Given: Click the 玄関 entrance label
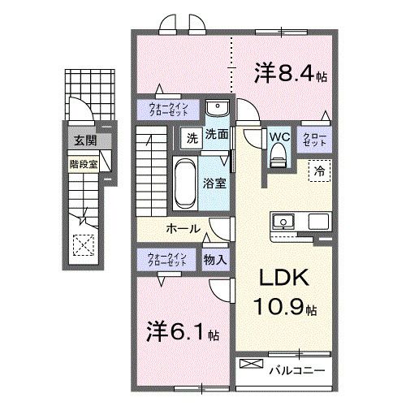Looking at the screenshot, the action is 85,140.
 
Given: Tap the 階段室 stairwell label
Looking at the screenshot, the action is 84,164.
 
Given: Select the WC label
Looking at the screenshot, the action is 279,137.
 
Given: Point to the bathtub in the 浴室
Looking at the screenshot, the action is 185,184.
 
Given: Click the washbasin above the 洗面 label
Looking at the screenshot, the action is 218,107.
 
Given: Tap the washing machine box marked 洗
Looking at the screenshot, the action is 192,138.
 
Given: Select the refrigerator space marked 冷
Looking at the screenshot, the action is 320,171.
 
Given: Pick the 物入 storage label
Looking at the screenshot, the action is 215,260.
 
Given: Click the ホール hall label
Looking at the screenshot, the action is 184,229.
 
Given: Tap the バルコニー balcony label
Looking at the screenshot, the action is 297,370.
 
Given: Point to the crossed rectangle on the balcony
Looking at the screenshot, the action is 252,364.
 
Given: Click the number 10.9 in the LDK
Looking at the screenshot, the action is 278,306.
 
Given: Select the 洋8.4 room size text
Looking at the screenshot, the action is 291,73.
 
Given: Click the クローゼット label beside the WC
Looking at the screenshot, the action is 314,140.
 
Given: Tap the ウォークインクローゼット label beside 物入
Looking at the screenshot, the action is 167,260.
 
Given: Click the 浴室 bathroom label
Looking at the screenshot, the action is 214,184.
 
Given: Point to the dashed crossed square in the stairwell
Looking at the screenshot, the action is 84,245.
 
